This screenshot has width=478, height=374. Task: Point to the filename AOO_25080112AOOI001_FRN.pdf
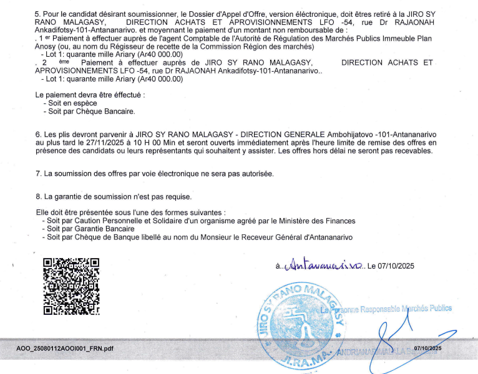click(x=65, y=348)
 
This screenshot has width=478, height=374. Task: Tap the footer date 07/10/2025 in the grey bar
click(x=427, y=348)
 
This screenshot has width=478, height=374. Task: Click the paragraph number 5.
click(x=37, y=13)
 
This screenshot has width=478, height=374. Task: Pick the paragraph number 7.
click(x=37, y=173)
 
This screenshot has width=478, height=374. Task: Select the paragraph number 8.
click(x=37, y=197)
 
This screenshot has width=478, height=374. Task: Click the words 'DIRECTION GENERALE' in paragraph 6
click(x=283, y=134)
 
